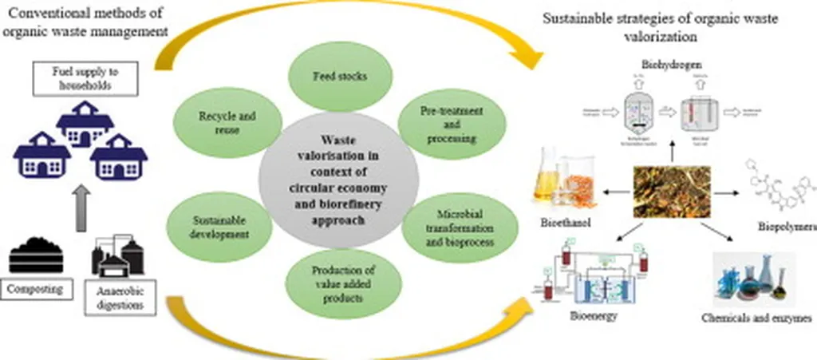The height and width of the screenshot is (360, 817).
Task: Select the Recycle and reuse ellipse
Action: tap(227, 123)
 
